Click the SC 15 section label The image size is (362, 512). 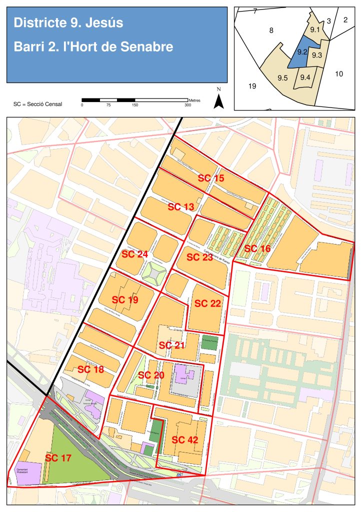point(211,177)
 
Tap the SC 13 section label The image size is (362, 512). point(180,206)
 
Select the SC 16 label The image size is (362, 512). point(257,248)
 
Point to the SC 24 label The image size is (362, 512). point(135,254)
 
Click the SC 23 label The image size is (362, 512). point(199,257)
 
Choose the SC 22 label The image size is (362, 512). point(207,303)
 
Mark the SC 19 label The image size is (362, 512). point(125,300)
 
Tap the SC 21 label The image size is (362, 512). point(172,345)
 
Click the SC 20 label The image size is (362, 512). point(151,375)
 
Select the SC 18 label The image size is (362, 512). point(91,369)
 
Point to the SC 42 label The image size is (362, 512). point(185,440)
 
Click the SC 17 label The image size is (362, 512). point(58,457)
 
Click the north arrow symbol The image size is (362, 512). point(218,100)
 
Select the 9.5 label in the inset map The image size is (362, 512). point(282,77)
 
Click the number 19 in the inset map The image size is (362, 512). point(252,86)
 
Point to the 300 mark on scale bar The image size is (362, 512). point(188,105)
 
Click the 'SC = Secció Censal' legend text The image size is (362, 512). point(38,104)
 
